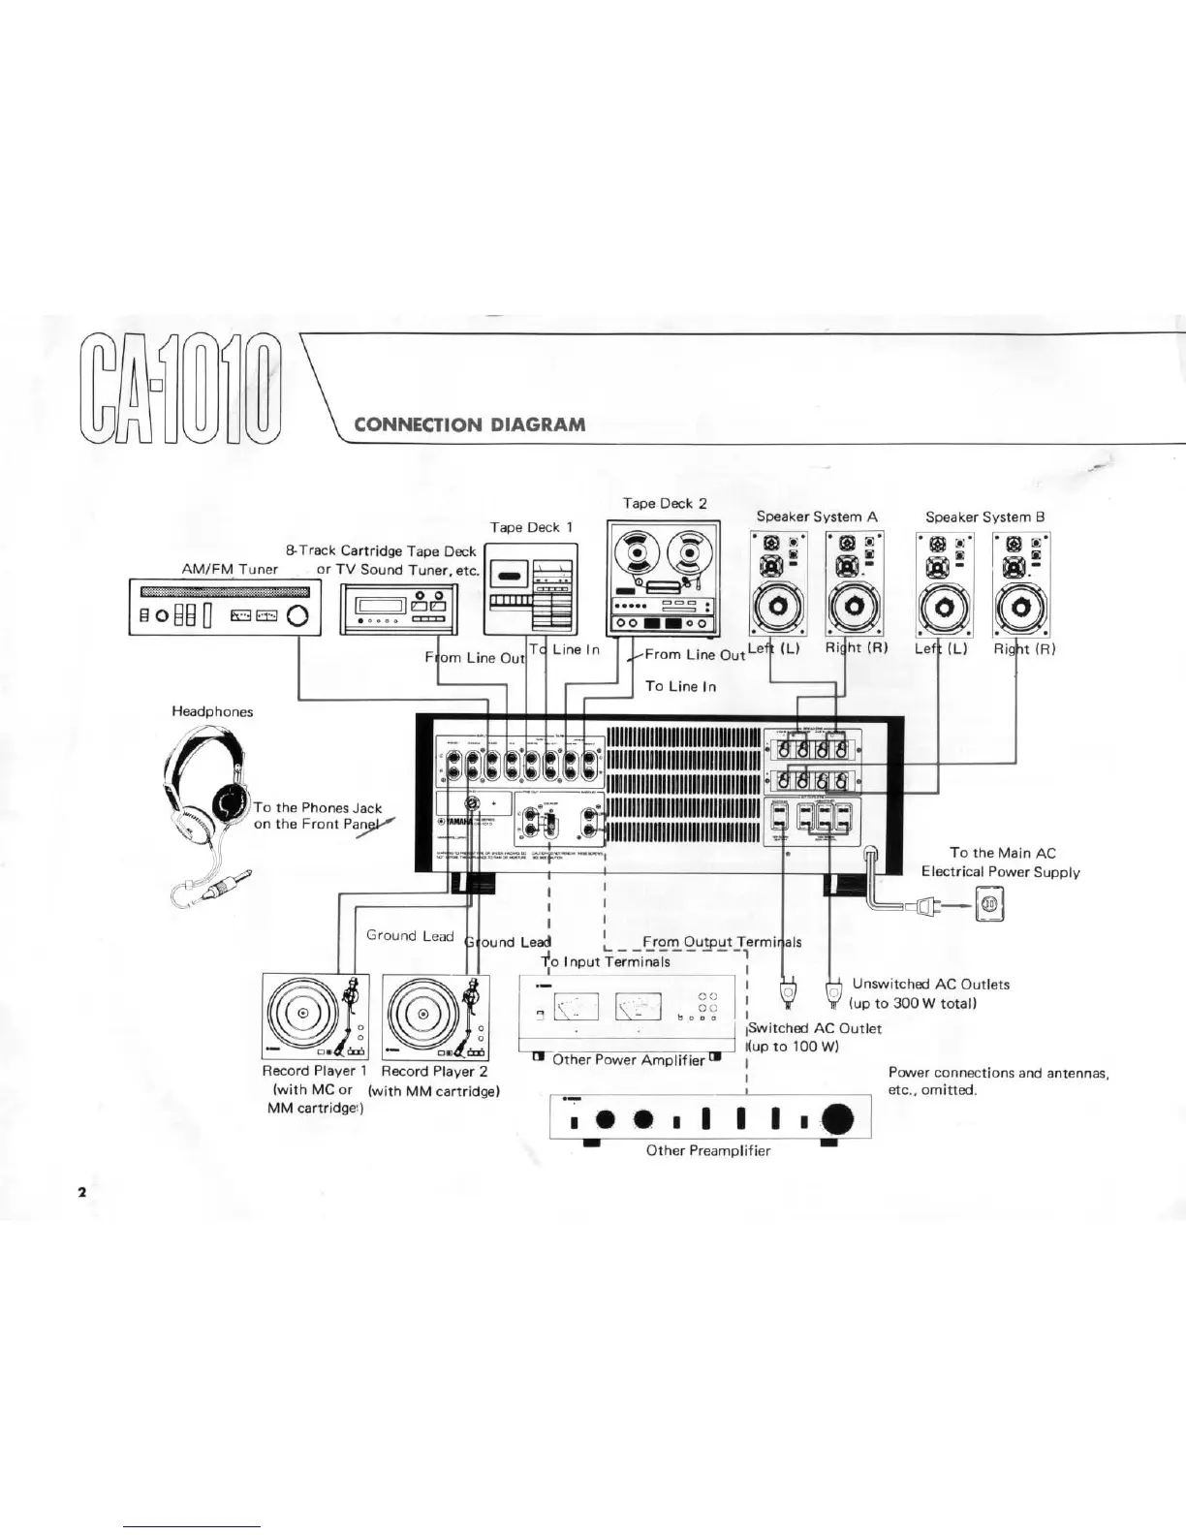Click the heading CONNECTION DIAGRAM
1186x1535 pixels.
pyautogui.click(x=470, y=424)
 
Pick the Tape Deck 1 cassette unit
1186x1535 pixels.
pyautogui.click(x=530, y=589)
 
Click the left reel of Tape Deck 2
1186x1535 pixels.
pyautogui.click(x=639, y=552)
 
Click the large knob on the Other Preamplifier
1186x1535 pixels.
pyautogui.click(x=837, y=1119)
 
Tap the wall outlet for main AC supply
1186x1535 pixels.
pyautogui.click(x=989, y=905)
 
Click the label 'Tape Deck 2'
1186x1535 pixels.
pyautogui.click(x=664, y=503)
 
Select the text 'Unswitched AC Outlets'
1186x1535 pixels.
pyautogui.click(x=930, y=985)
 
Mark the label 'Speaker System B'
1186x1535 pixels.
pyautogui.click(x=984, y=517)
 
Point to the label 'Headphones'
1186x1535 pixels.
pyautogui.click(x=212, y=711)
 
